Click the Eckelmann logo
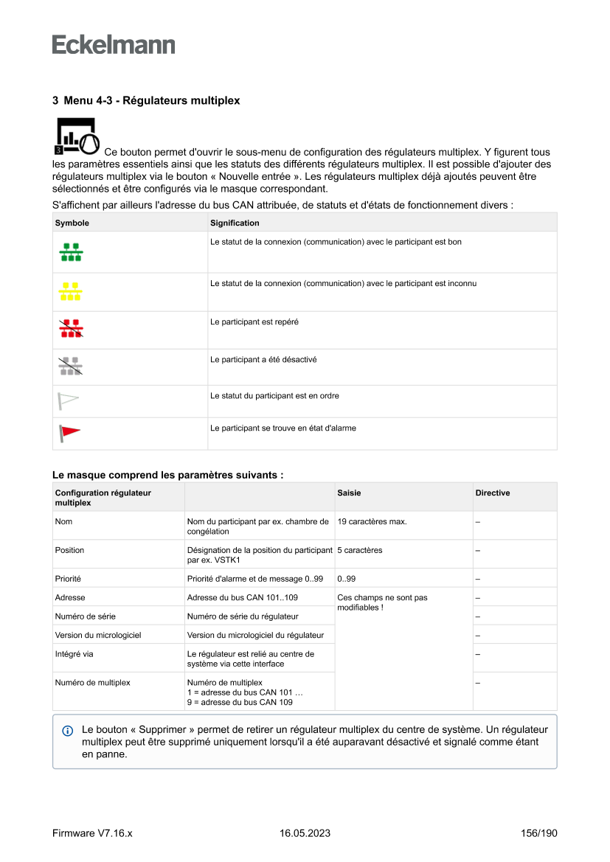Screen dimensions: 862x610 tap(114, 44)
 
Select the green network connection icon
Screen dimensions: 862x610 tap(71, 252)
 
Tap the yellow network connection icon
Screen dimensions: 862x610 tap(71, 291)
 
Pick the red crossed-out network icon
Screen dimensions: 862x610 tap(71, 330)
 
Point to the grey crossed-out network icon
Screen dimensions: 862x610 tap(71, 366)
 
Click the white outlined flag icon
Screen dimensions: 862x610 tap(69, 401)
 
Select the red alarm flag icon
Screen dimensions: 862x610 tap(70, 433)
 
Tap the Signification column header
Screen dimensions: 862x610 tap(235, 223)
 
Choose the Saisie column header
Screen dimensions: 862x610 tap(349, 493)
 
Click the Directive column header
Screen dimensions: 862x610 tap(493, 493)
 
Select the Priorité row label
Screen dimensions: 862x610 tap(68, 578)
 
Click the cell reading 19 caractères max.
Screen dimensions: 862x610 tap(372, 521)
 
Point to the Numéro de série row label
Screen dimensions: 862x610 tap(85, 616)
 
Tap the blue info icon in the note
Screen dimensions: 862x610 tap(68, 731)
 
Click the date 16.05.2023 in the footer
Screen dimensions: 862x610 tap(305, 833)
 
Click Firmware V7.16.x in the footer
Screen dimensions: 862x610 tap(92, 833)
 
